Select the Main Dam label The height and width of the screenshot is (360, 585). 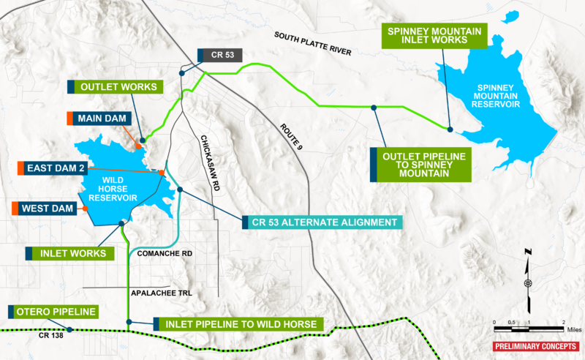pos(102,119)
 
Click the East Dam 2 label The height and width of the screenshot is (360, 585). pos(56,168)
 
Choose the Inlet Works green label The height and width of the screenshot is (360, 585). pos(75,253)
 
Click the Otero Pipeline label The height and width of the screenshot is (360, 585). pos(56,312)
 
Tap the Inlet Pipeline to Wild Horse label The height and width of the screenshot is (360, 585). pos(238,323)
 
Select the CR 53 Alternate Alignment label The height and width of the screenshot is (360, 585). pos(322,222)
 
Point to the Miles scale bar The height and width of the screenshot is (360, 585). pos(529,324)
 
